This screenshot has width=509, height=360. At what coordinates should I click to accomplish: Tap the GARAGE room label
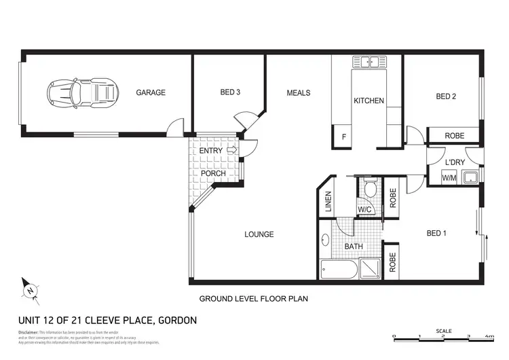tap(150, 93)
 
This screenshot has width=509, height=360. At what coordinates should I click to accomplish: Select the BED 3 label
tap(230, 93)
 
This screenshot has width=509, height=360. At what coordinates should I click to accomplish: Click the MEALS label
tap(298, 93)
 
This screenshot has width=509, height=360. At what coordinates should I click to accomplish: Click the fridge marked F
tap(344, 138)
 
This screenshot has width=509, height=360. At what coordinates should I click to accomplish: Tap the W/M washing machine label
tap(449, 178)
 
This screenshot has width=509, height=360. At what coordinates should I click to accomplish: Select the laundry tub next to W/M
tap(470, 178)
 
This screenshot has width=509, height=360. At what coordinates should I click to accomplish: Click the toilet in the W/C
tap(370, 188)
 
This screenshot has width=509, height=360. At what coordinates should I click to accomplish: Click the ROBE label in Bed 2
tap(454, 137)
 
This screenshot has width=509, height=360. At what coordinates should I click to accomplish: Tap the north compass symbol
tap(30, 290)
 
